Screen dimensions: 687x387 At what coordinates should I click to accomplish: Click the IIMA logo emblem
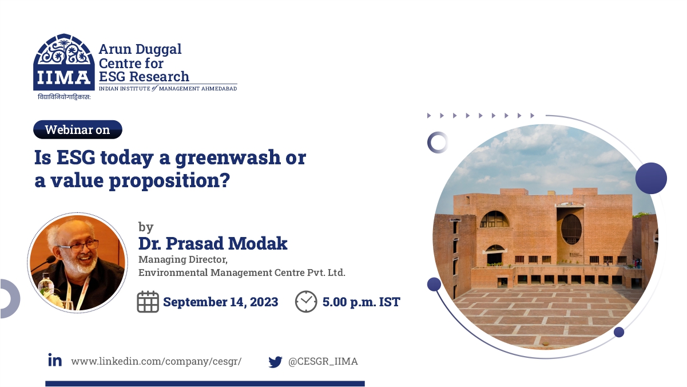pyautogui.click(x=64, y=62)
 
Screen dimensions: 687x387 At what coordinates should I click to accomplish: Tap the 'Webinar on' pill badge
pyautogui.click(x=78, y=129)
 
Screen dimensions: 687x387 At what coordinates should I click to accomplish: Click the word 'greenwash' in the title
pyautogui.click(x=228, y=158)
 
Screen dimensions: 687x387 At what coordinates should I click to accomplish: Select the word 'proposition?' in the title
pyautogui.click(x=169, y=181)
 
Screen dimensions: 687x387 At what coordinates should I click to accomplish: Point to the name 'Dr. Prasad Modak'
pyautogui.click(x=213, y=243)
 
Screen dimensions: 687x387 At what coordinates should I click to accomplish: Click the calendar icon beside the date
pyautogui.click(x=148, y=302)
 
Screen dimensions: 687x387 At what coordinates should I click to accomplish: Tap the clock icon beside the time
pyautogui.click(x=306, y=302)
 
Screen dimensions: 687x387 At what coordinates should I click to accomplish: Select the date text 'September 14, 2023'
pyautogui.click(x=220, y=302)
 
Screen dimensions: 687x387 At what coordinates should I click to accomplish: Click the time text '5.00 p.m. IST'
pyautogui.click(x=362, y=302)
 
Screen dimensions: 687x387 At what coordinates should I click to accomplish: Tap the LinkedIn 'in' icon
pyautogui.click(x=55, y=360)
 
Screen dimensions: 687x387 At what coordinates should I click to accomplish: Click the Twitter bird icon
pyautogui.click(x=275, y=362)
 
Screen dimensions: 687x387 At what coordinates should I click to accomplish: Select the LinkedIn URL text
pyautogui.click(x=156, y=362)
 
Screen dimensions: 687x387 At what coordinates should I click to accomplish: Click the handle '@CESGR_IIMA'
pyautogui.click(x=323, y=361)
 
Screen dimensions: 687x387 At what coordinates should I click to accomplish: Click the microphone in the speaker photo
pyautogui.click(x=45, y=263)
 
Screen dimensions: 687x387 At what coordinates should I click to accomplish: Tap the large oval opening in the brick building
pyautogui.click(x=571, y=229)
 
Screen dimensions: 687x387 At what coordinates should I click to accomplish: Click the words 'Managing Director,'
pyautogui.click(x=183, y=260)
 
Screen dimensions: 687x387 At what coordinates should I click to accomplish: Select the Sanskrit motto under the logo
pyautogui.click(x=64, y=97)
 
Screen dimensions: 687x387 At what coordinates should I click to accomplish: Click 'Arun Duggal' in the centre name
pyautogui.click(x=140, y=49)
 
